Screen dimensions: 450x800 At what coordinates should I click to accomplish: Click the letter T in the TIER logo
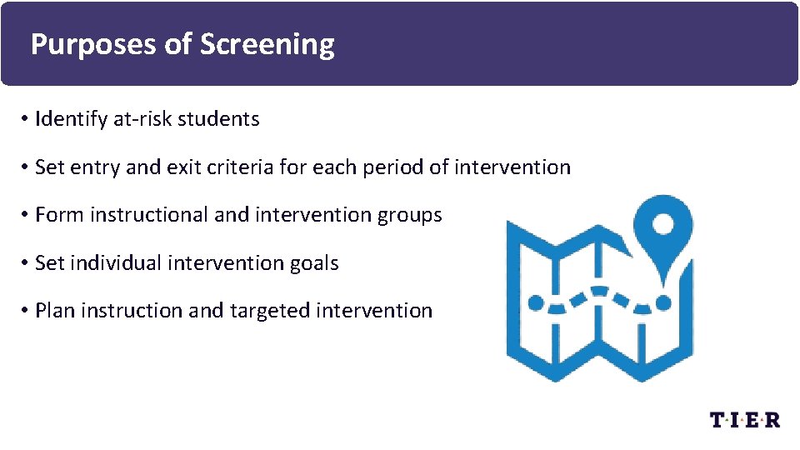tap(717, 419)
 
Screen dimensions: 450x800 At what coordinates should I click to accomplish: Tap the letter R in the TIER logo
tap(772, 419)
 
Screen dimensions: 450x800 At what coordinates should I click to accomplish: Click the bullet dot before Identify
tap(27, 120)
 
